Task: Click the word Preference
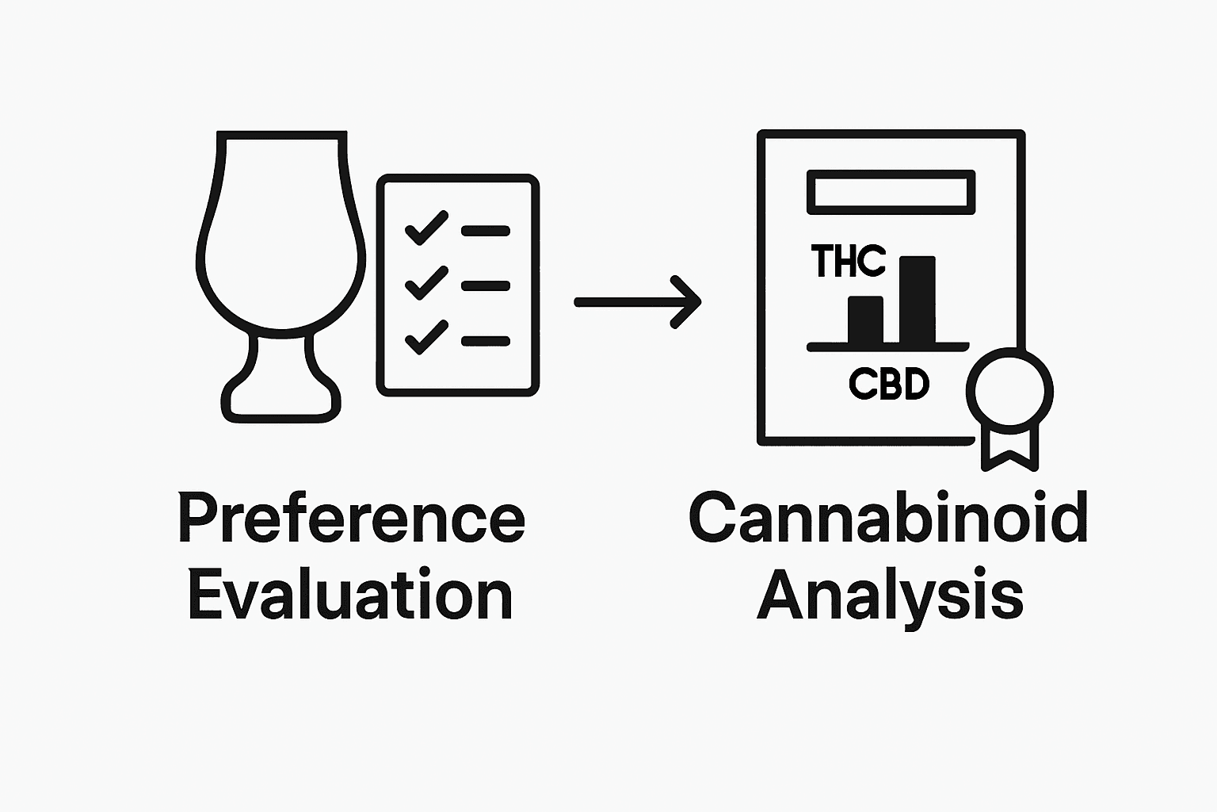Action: (x=351, y=519)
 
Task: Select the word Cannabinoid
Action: (x=887, y=519)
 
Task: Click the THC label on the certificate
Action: (x=848, y=261)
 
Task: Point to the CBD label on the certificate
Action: (x=888, y=385)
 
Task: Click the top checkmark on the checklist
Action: (x=426, y=228)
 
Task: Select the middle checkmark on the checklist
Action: (x=426, y=283)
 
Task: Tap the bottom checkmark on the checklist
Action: (x=426, y=337)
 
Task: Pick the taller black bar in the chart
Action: (x=917, y=300)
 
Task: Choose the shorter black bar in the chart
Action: (x=865, y=320)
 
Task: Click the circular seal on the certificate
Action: (x=1009, y=389)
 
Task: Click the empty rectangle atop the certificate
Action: (x=891, y=192)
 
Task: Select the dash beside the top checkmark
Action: (x=485, y=231)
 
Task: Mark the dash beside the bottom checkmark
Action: (x=485, y=341)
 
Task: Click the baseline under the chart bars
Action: (x=887, y=347)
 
